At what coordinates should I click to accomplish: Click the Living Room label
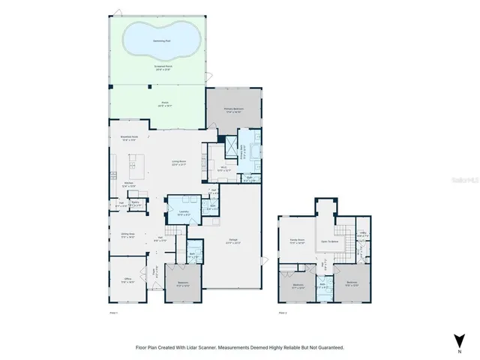coord(178,162)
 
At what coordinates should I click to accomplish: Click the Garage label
coord(233,241)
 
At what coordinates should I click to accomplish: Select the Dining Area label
coord(127,234)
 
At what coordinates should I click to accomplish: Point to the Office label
coord(128,280)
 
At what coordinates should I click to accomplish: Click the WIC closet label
coord(223,169)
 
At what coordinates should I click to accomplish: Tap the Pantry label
coord(136,202)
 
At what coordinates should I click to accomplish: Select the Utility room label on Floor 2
coord(362,234)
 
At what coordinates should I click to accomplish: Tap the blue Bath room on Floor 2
coord(322,286)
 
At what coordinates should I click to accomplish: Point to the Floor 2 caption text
coord(283,311)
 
